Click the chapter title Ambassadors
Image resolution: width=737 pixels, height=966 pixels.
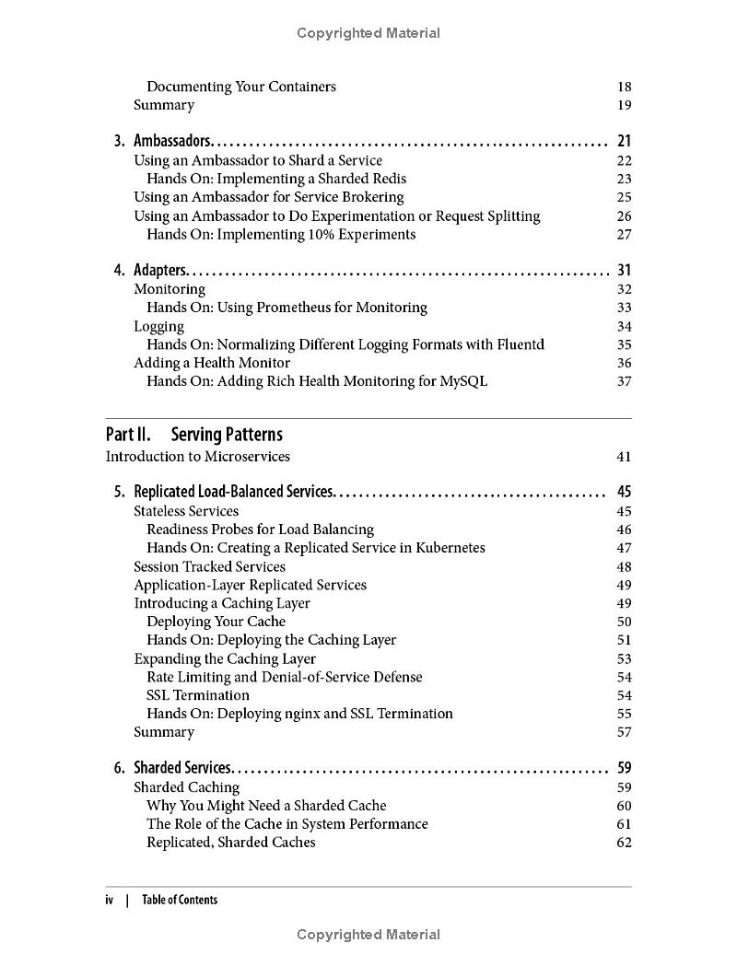coord(173,141)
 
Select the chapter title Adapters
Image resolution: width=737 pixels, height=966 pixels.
coord(161,270)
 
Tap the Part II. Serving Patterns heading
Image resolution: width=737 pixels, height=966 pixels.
coord(194,435)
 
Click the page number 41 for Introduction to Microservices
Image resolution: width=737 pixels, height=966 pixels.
coord(624,457)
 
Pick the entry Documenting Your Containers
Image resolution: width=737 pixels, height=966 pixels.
coord(241,87)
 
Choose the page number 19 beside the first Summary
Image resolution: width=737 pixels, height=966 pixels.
coord(624,105)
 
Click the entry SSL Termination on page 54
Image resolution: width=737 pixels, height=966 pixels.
coord(198,695)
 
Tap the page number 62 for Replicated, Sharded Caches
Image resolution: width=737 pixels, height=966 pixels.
coord(624,843)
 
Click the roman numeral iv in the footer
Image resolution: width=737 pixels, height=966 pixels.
coord(110,900)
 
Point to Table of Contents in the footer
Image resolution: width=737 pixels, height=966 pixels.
coord(180,900)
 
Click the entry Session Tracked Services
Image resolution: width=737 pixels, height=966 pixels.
coord(209,566)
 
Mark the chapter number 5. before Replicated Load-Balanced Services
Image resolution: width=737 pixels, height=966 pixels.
coord(120,492)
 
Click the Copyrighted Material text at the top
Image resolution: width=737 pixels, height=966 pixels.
coord(368,33)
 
